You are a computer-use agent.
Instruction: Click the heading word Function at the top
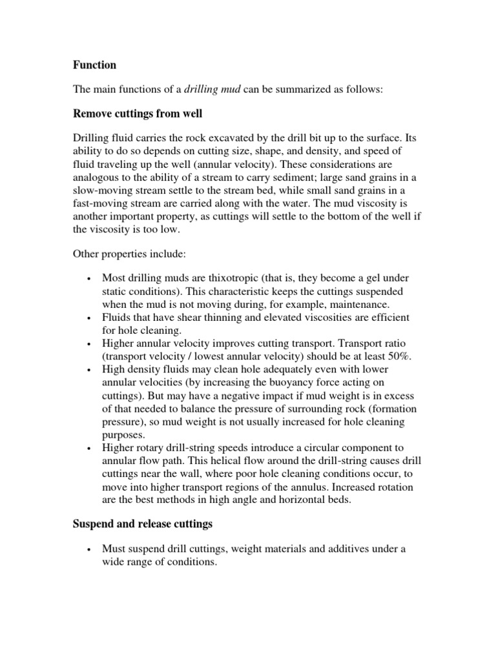(94, 65)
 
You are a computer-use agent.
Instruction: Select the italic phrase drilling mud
(212, 90)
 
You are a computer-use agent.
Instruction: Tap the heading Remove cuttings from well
(137, 114)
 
